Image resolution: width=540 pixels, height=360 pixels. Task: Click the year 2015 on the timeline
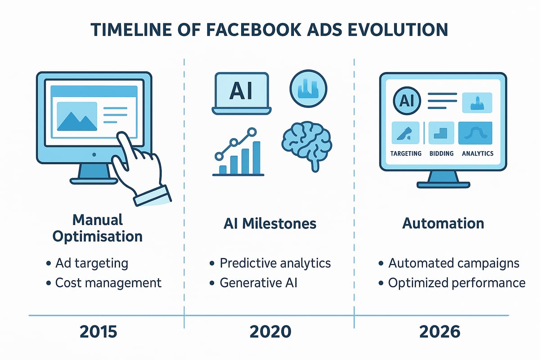tap(98, 332)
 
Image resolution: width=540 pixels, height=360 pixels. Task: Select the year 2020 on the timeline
tap(270, 332)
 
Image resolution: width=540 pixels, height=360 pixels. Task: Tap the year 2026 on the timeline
tap(440, 332)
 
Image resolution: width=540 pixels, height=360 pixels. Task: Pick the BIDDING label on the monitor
tap(441, 153)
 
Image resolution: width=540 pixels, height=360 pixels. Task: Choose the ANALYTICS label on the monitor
tap(477, 153)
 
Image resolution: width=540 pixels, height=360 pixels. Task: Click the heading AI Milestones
tap(270, 223)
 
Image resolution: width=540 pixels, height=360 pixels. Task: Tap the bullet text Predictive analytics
tap(275, 263)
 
